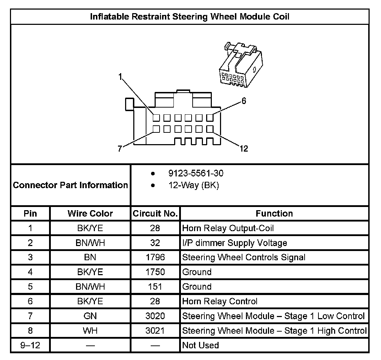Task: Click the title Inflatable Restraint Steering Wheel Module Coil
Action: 190,17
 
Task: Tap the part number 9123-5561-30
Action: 196,174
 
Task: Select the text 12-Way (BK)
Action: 193,185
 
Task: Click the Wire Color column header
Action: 90,214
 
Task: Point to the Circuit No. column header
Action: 155,214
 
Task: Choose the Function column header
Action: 274,214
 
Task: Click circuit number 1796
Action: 155,257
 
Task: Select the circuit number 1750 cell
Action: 155,272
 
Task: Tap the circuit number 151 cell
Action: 155,287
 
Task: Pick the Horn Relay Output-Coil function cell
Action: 228,228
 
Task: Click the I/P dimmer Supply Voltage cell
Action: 235,243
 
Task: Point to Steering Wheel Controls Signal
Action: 243,257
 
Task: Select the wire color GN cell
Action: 90,316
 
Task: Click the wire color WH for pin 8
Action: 90,331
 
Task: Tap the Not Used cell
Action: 200,345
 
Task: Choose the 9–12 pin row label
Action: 30,345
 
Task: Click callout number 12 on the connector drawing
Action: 243,148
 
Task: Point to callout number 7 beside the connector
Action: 120,148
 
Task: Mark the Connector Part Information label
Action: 70,185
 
